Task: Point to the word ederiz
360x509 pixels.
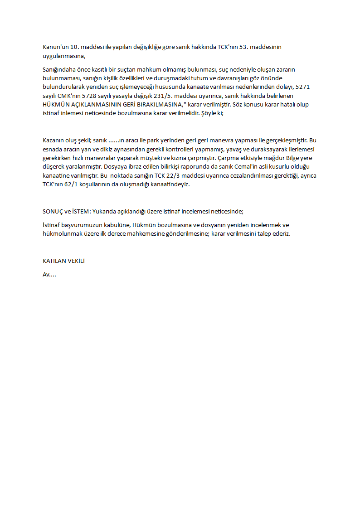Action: point(281,234)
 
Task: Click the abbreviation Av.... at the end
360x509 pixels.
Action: point(49,275)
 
